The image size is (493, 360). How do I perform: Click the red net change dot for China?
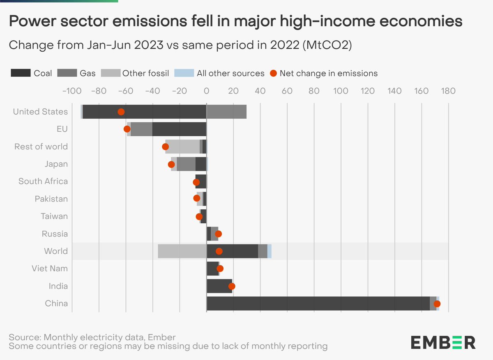coord(437,304)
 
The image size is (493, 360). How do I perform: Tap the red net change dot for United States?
coord(121,112)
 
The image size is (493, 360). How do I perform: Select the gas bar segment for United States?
coord(226,112)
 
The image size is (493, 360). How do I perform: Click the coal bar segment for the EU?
coord(179,129)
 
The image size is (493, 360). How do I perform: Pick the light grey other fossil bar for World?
coord(182,251)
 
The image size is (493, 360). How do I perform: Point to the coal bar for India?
coord(219,286)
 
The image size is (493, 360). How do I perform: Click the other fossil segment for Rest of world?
coord(182,147)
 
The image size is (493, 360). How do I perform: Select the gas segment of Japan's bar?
coord(186,164)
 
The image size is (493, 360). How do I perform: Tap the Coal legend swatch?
coord(20,73)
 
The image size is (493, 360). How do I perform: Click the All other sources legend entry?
coord(230,73)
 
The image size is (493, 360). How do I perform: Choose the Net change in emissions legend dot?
coord(273,73)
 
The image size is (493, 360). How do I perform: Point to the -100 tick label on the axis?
coord(71,91)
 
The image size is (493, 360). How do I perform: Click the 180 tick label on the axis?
coord(448,91)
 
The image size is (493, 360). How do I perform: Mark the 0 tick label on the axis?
coord(207,91)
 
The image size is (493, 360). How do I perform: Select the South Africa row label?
coord(43,181)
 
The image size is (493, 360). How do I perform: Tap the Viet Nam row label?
coord(50,268)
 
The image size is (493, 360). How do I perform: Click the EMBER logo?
coord(443,342)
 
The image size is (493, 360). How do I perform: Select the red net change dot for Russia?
coord(218,234)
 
